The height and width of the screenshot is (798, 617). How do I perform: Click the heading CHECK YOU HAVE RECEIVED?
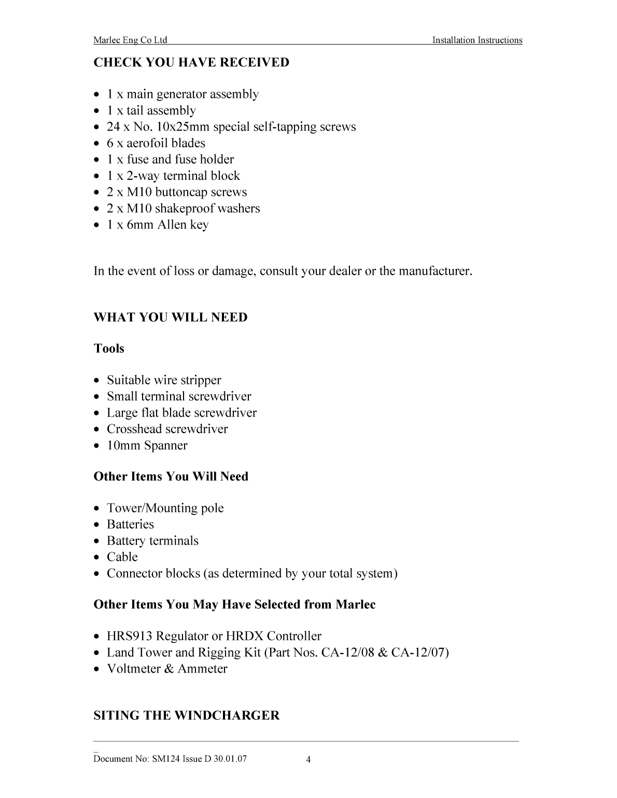pos(191,63)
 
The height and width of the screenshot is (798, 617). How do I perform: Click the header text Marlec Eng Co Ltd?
pos(130,40)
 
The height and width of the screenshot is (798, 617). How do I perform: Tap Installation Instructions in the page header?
pos(477,40)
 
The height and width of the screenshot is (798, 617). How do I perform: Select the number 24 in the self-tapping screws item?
pos(114,127)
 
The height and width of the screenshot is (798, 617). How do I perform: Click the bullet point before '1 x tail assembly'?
pos(97,111)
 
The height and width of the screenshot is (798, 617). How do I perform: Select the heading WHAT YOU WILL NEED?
pos(170,318)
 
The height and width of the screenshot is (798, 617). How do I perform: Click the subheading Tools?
pos(109,349)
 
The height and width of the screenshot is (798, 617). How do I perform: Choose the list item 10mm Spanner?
pos(147,446)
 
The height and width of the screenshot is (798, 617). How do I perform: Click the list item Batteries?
pos(130,524)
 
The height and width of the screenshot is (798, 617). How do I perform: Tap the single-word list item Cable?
pos(122,557)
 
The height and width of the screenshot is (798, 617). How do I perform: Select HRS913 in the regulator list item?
pos(129,636)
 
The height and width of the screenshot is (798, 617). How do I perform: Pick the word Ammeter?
pos(202,669)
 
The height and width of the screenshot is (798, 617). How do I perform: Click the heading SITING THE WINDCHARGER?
pos(186,716)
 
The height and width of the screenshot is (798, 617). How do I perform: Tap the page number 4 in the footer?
pos(308,760)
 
